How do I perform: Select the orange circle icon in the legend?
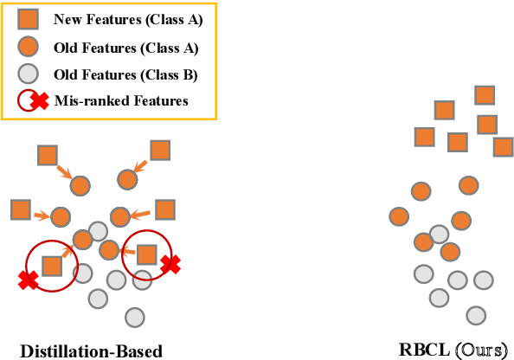[x=29, y=48]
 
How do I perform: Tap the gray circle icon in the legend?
[x=29, y=74]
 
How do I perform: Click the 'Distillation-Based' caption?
[x=91, y=350]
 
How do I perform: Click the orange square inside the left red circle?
[x=52, y=265]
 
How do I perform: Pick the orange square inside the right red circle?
[x=146, y=254]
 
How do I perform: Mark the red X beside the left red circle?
[x=29, y=280]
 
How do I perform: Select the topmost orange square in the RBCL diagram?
[x=485, y=95]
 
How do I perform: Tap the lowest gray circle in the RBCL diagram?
[x=475, y=314]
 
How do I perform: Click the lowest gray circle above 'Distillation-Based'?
[x=133, y=316]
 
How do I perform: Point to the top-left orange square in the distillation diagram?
[x=48, y=156]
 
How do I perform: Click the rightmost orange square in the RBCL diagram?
[x=503, y=146]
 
